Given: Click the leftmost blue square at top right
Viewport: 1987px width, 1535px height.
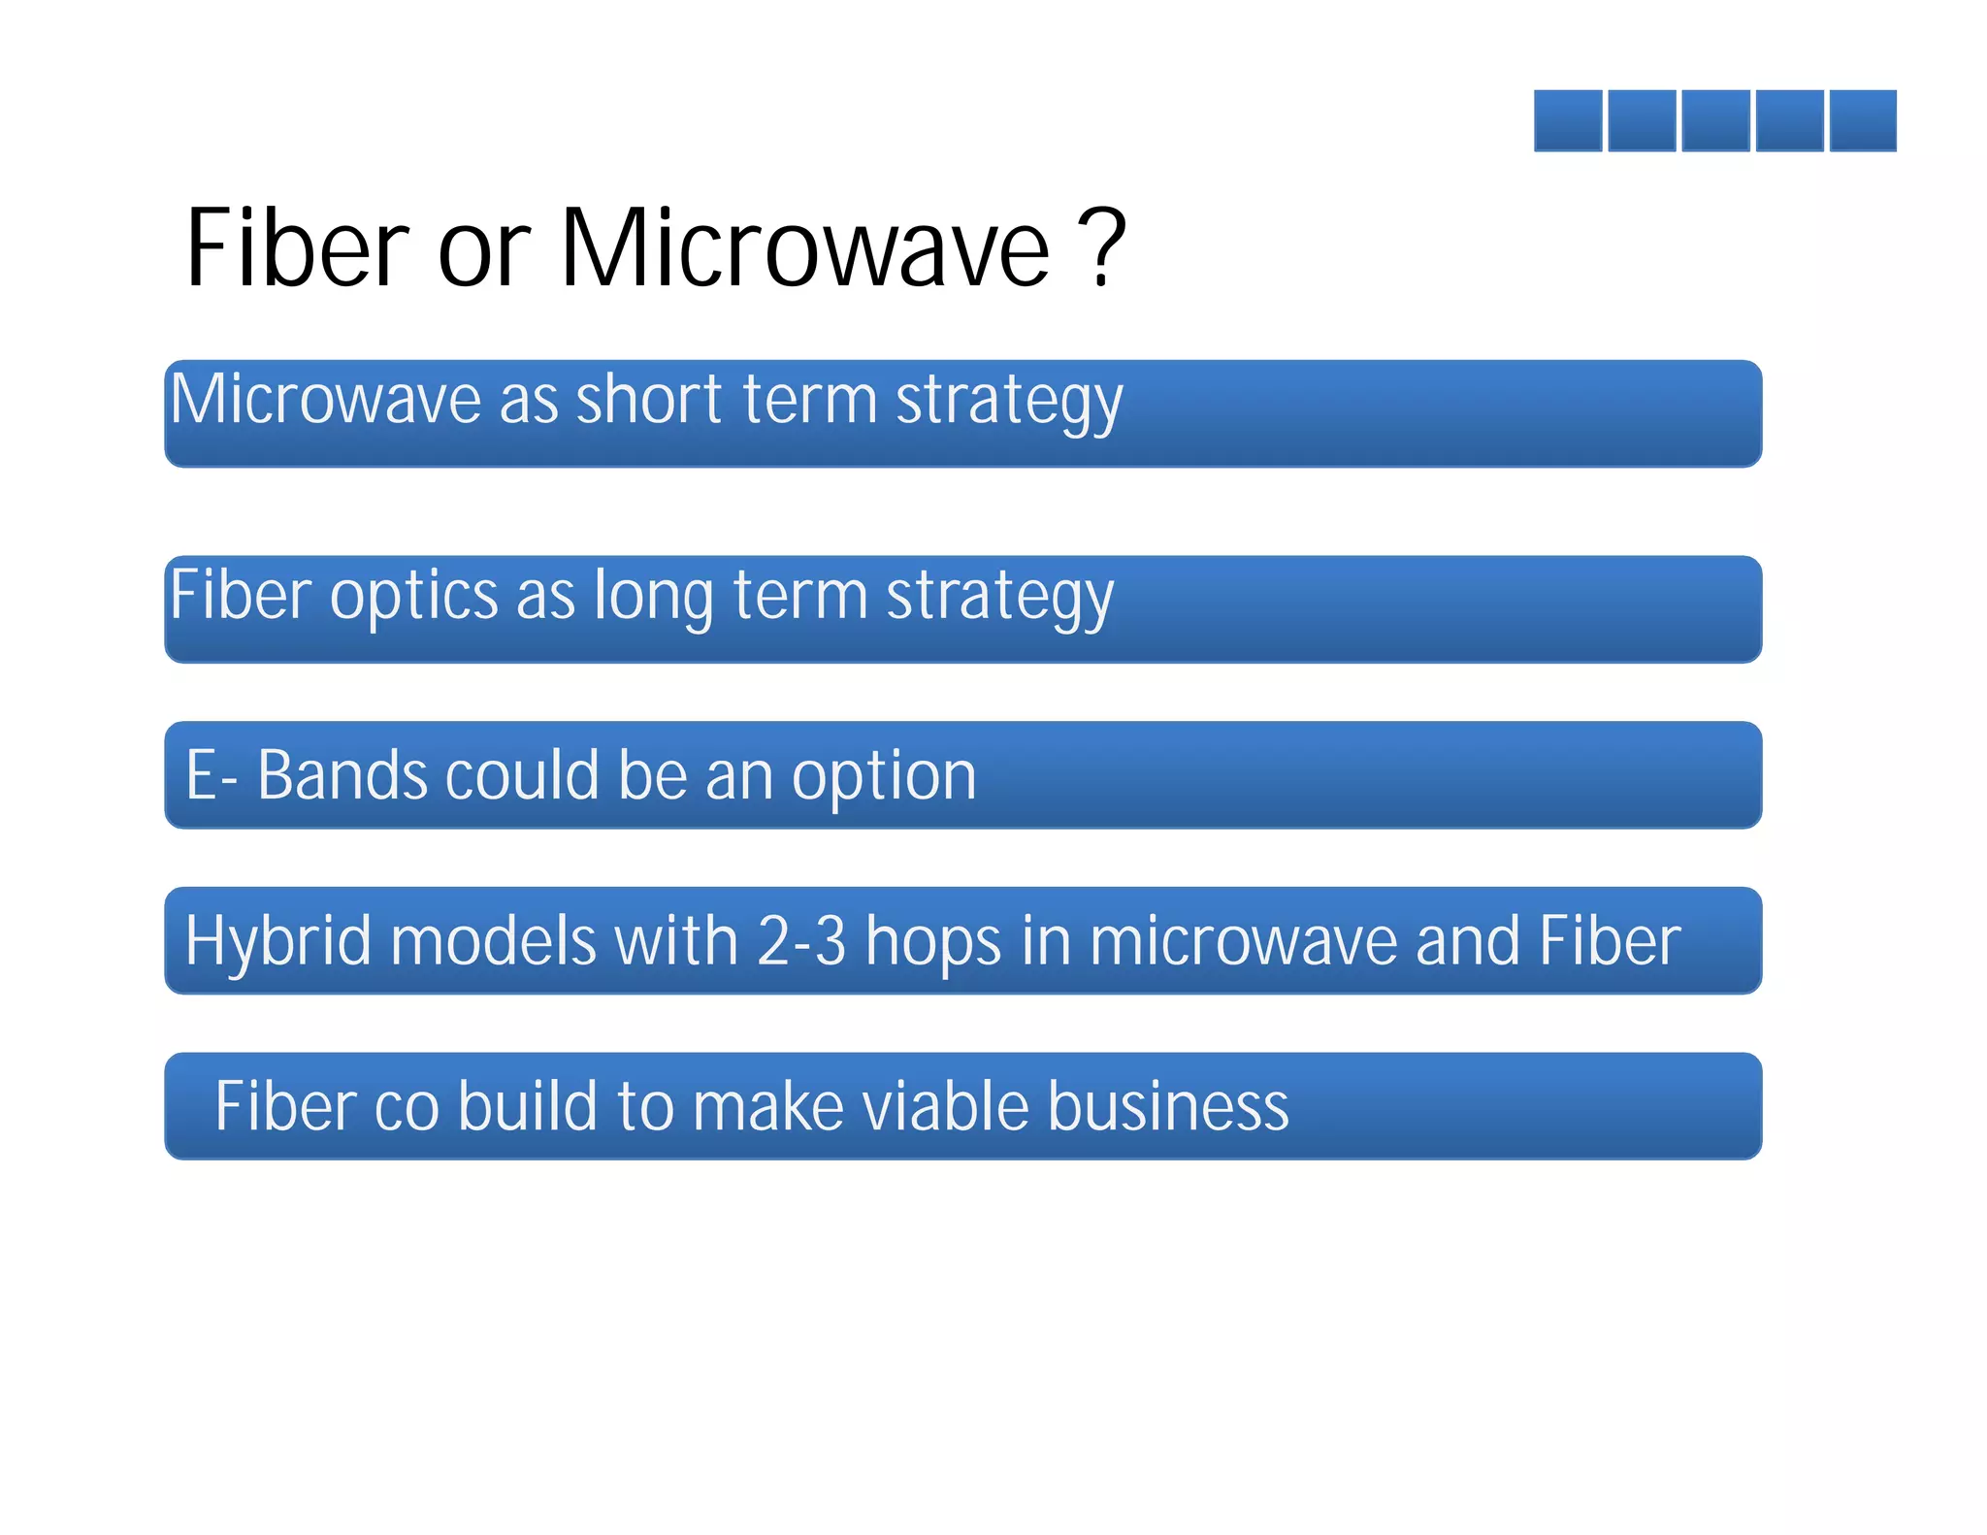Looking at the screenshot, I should point(1568,120).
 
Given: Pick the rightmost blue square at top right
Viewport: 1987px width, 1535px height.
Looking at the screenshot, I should point(1863,120).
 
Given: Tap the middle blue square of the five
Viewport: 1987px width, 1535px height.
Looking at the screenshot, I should point(1715,120).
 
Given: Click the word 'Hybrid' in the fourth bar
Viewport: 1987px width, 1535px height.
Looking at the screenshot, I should point(277,941).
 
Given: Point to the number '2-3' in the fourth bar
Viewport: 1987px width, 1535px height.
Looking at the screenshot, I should point(800,941).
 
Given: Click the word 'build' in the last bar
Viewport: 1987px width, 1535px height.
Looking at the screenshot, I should point(528,1106).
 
